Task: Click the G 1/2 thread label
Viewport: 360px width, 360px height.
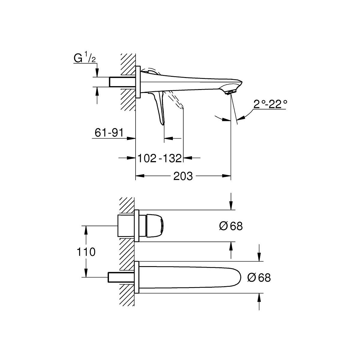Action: click(85, 58)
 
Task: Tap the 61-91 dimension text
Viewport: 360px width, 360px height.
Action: click(109, 133)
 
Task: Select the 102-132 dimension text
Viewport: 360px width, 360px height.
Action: click(160, 158)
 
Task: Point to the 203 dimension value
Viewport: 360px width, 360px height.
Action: click(183, 176)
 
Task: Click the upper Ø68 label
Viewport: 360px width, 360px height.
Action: click(231, 226)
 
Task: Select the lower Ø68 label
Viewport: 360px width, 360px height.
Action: click(259, 277)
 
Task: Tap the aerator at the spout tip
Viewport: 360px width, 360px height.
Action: click(231, 92)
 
